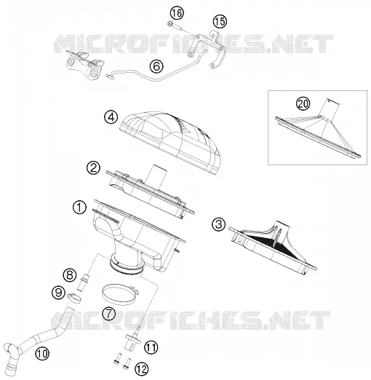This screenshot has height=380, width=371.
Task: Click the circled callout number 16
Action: (x=177, y=13)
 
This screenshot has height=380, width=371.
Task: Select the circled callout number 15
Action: (x=220, y=21)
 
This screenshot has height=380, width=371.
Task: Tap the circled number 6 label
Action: (x=156, y=66)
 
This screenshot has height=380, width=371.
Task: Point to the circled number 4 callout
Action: (x=111, y=117)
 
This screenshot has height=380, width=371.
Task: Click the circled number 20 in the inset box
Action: (x=303, y=104)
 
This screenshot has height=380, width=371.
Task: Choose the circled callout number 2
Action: (x=93, y=168)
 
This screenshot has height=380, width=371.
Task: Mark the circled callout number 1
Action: (x=79, y=207)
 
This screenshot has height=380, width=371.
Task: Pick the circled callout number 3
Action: (x=219, y=224)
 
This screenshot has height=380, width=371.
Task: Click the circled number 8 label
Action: (x=70, y=275)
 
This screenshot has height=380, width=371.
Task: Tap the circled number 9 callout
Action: (x=59, y=293)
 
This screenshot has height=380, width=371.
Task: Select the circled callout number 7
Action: (x=109, y=314)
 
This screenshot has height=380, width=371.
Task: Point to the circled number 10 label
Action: (x=42, y=354)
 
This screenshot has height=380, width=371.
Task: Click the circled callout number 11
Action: (x=151, y=347)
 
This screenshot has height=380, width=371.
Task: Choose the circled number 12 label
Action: (x=141, y=369)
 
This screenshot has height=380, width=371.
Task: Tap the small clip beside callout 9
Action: (x=73, y=298)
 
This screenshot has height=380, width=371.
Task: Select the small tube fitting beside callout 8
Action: (x=81, y=282)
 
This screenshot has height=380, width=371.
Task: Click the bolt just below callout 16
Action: (x=174, y=26)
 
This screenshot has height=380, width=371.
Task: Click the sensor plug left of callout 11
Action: (x=132, y=340)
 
